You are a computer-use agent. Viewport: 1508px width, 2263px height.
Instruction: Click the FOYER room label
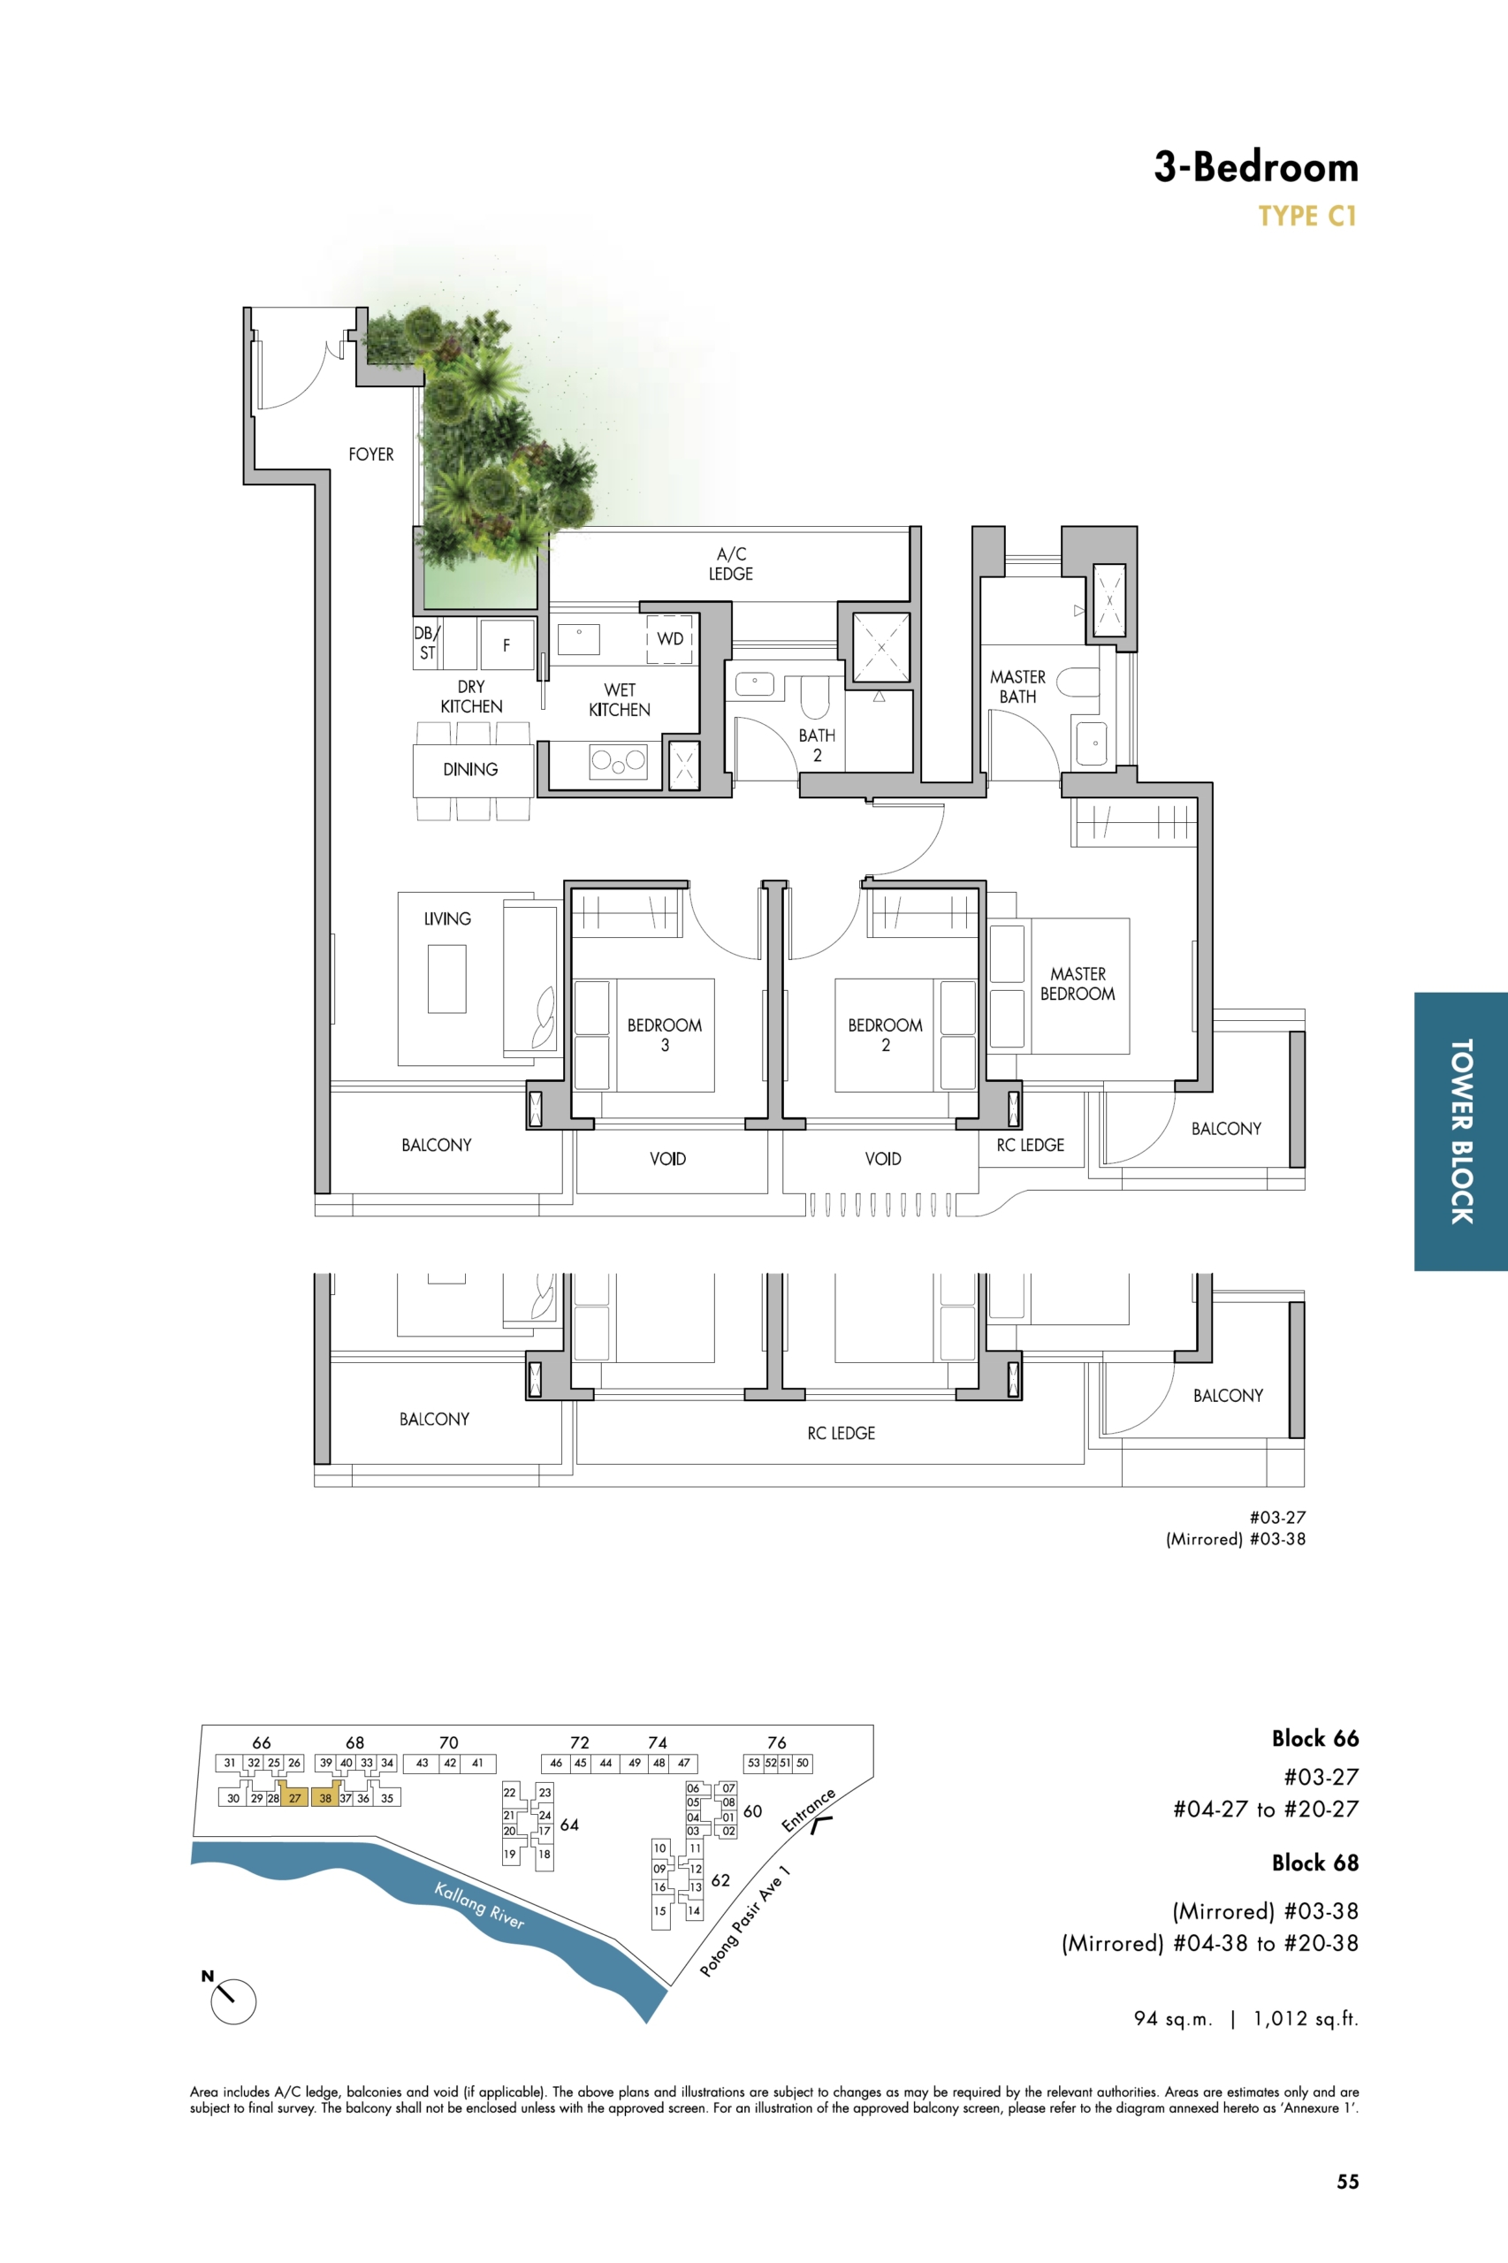pyautogui.click(x=371, y=454)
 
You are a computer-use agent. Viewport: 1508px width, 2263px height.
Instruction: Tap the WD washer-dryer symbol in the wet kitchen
pyautogui.click(x=669, y=638)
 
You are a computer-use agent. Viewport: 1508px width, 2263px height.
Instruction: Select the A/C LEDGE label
pyautogui.click(x=731, y=564)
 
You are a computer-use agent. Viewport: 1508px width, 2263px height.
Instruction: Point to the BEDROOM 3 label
pyautogui.click(x=665, y=1035)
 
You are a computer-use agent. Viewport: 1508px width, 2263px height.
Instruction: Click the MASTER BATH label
pyautogui.click(x=1017, y=687)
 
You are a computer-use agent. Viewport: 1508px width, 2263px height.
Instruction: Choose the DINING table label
pyautogui.click(x=470, y=769)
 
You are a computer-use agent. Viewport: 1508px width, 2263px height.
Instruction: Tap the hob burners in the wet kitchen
pyautogui.click(x=618, y=762)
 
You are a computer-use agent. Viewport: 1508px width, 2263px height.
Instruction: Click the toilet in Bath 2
pyautogui.click(x=815, y=697)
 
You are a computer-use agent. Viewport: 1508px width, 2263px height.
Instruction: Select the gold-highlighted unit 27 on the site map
pyautogui.click(x=294, y=1797)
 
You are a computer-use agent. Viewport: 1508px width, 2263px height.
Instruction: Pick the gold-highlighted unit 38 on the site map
pyautogui.click(x=326, y=1797)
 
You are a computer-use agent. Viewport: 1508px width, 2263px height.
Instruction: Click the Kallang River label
pyautogui.click(x=479, y=1905)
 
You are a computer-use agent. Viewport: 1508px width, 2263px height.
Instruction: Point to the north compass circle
pyautogui.click(x=233, y=2001)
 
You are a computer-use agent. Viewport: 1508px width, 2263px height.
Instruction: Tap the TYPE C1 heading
pyautogui.click(x=1308, y=217)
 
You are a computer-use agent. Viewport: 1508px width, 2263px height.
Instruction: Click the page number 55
pyautogui.click(x=1347, y=2182)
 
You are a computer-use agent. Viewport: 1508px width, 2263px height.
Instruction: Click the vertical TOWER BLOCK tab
pyautogui.click(x=1461, y=1131)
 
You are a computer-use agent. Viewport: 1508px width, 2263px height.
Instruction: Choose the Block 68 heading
pyautogui.click(x=1314, y=1863)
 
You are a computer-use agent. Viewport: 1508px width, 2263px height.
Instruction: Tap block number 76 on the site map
pyautogui.click(x=777, y=1741)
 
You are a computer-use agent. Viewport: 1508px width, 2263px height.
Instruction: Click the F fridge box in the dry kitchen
pyautogui.click(x=506, y=644)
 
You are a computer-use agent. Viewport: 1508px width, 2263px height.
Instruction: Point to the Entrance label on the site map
pyautogui.click(x=808, y=1810)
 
